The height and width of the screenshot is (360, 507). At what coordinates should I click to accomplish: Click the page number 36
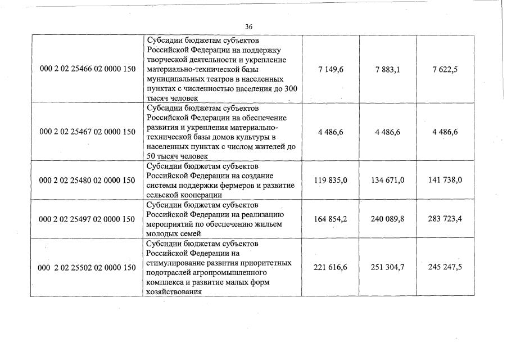[249, 26]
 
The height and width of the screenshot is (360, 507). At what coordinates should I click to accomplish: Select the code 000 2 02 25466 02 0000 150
[88, 69]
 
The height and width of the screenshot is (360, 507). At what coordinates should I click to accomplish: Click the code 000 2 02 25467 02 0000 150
[88, 132]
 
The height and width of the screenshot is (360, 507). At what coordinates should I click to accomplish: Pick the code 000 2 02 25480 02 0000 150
[88, 181]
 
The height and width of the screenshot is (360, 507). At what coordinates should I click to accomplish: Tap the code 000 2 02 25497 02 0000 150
[88, 219]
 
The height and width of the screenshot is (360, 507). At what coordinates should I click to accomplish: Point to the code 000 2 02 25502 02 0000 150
[87, 268]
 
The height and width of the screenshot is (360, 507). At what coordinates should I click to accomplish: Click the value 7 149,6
[331, 69]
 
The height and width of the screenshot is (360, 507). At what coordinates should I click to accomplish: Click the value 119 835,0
[331, 181]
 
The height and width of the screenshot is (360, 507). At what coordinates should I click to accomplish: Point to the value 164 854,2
[331, 219]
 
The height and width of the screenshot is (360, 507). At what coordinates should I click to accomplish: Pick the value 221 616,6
[331, 268]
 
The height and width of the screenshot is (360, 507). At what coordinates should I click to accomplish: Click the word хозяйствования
[174, 292]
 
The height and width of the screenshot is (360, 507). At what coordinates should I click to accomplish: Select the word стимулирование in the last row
[176, 263]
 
